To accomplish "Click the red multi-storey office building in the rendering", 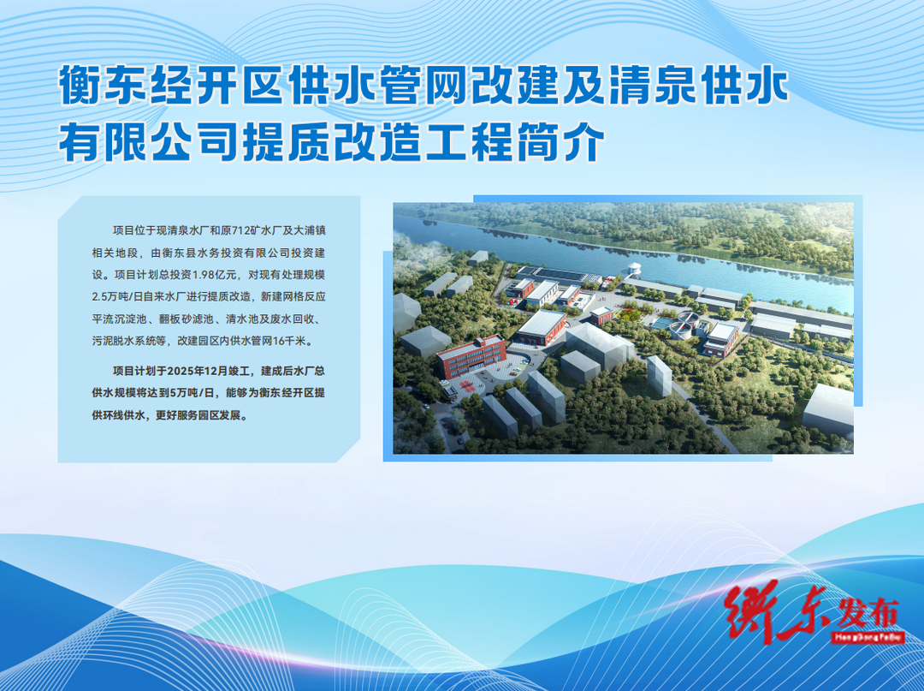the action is (471, 357).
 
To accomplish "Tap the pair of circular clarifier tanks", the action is (685, 325).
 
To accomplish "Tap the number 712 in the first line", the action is (242, 230).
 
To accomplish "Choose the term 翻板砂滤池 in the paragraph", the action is (186, 319).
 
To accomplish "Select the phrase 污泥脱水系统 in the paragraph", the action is (124, 341).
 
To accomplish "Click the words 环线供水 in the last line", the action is (123, 415).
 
